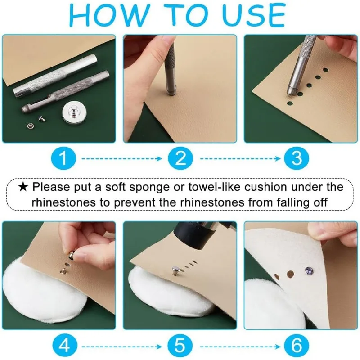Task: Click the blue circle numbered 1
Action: pos(63,158)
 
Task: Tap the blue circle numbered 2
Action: pos(180,158)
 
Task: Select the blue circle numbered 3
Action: pos(297,158)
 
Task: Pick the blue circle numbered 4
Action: pos(64,346)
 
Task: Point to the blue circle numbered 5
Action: pos(180,346)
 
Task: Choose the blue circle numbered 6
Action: pos(297,346)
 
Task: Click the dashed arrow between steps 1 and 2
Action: pos(122,159)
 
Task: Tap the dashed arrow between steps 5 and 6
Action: pos(240,346)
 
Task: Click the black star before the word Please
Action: pos(23,187)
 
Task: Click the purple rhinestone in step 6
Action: pos(309,271)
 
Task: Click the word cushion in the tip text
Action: pos(265,187)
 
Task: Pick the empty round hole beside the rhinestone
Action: pos(290,274)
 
